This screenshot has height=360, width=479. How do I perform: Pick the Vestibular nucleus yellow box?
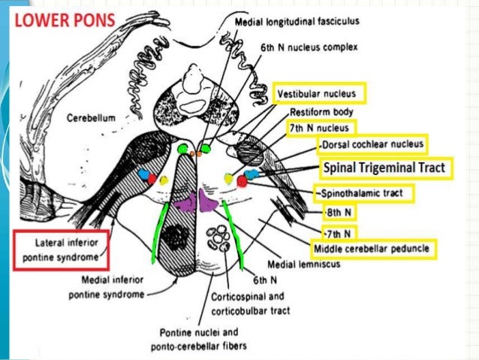pos(320,94)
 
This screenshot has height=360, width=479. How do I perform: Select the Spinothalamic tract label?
pos(363,193)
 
